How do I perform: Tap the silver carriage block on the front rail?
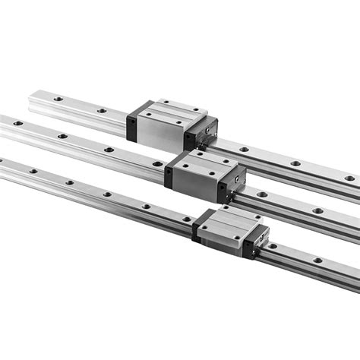point(226,226)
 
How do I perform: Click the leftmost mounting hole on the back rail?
point(56,99)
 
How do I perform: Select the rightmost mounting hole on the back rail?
point(349,178)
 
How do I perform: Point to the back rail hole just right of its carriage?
point(244,150)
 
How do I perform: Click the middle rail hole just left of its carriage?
point(156,163)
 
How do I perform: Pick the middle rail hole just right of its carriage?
point(261,194)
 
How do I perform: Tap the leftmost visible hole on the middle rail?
point(17,122)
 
